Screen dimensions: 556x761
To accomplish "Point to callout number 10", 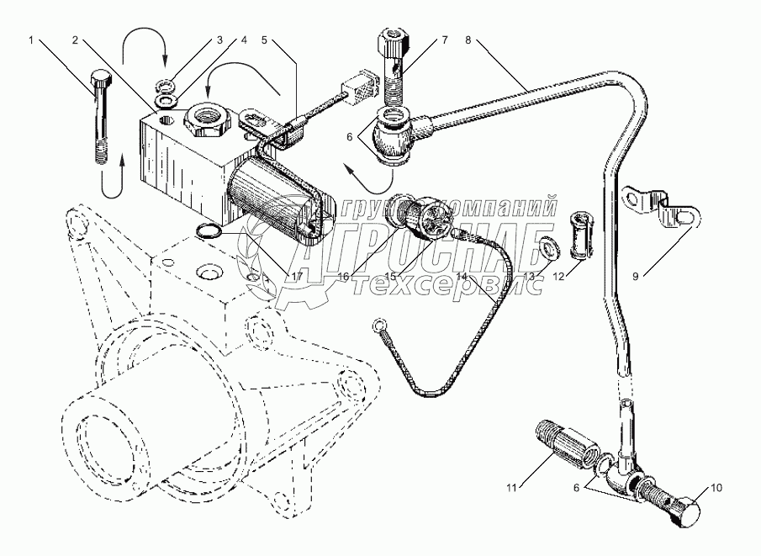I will [716, 487].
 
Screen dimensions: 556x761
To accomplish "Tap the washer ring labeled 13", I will [550, 246].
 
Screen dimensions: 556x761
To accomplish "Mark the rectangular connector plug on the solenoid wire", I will [357, 87].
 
